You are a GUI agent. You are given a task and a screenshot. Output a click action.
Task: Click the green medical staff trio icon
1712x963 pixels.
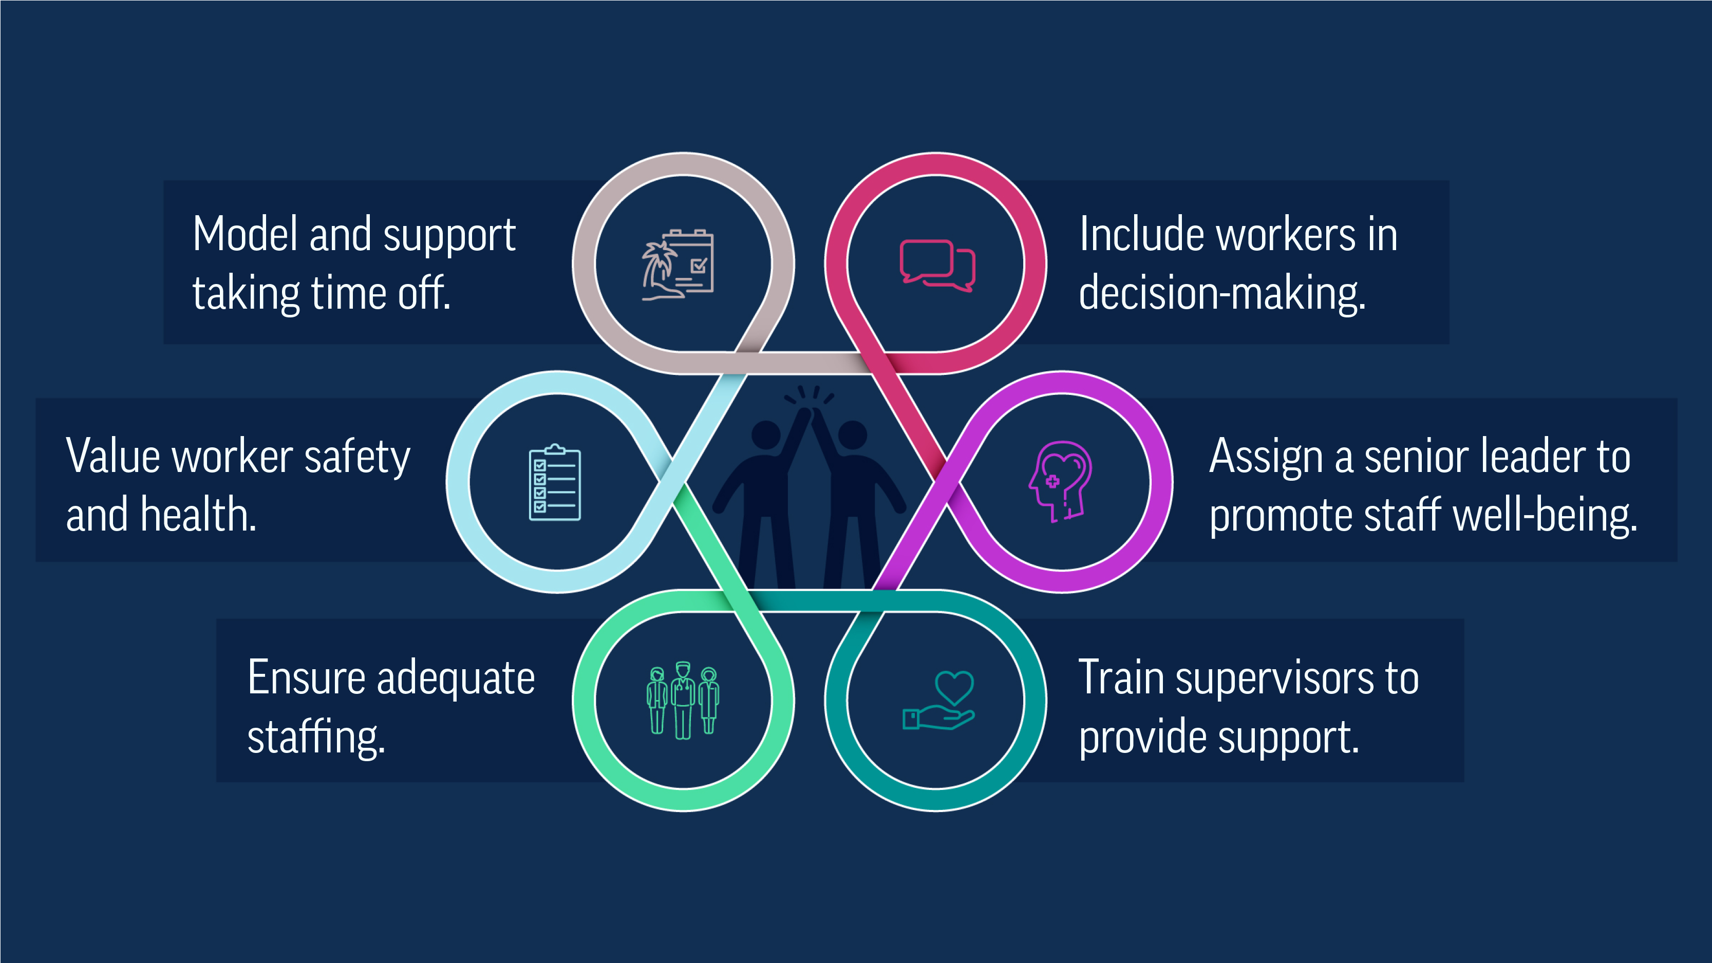pos(683,700)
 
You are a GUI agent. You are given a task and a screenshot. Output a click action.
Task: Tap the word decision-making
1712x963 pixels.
pos(1221,294)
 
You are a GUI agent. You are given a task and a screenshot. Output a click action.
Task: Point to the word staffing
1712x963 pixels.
pos(316,738)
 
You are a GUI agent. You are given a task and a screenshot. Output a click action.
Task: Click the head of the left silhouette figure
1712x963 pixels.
pos(766,435)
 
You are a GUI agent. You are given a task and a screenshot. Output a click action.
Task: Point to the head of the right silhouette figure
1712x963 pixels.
pos(853,435)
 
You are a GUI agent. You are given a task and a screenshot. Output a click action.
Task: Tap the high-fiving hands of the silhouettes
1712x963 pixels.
pos(810,411)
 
